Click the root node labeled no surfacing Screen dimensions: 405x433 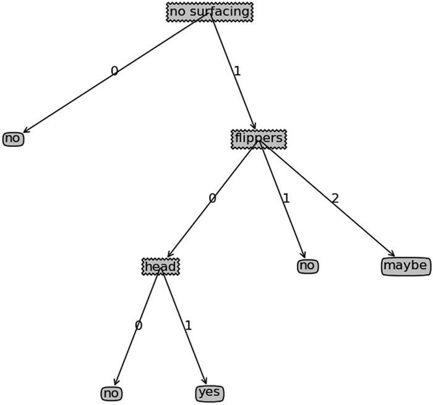[x=210, y=12]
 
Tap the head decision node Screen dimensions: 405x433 [x=161, y=267]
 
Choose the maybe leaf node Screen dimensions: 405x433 [x=405, y=266]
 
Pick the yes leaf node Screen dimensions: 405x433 [x=210, y=393]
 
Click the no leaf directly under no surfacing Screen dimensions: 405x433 [x=13, y=139]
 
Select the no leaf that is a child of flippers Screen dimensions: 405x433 [x=307, y=266]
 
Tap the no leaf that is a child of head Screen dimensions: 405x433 [x=111, y=393]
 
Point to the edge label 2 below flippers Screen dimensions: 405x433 [x=335, y=199]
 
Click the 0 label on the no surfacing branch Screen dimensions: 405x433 [x=114, y=72]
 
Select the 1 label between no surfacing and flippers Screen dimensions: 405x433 [x=237, y=72]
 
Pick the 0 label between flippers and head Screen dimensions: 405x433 [x=212, y=199]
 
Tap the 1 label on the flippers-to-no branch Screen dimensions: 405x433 [x=286, y=199]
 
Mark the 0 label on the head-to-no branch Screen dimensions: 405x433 [x=138, y=325]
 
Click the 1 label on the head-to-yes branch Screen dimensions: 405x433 [x=188, y=325]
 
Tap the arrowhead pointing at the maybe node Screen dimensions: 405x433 [x=392, y=253]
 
